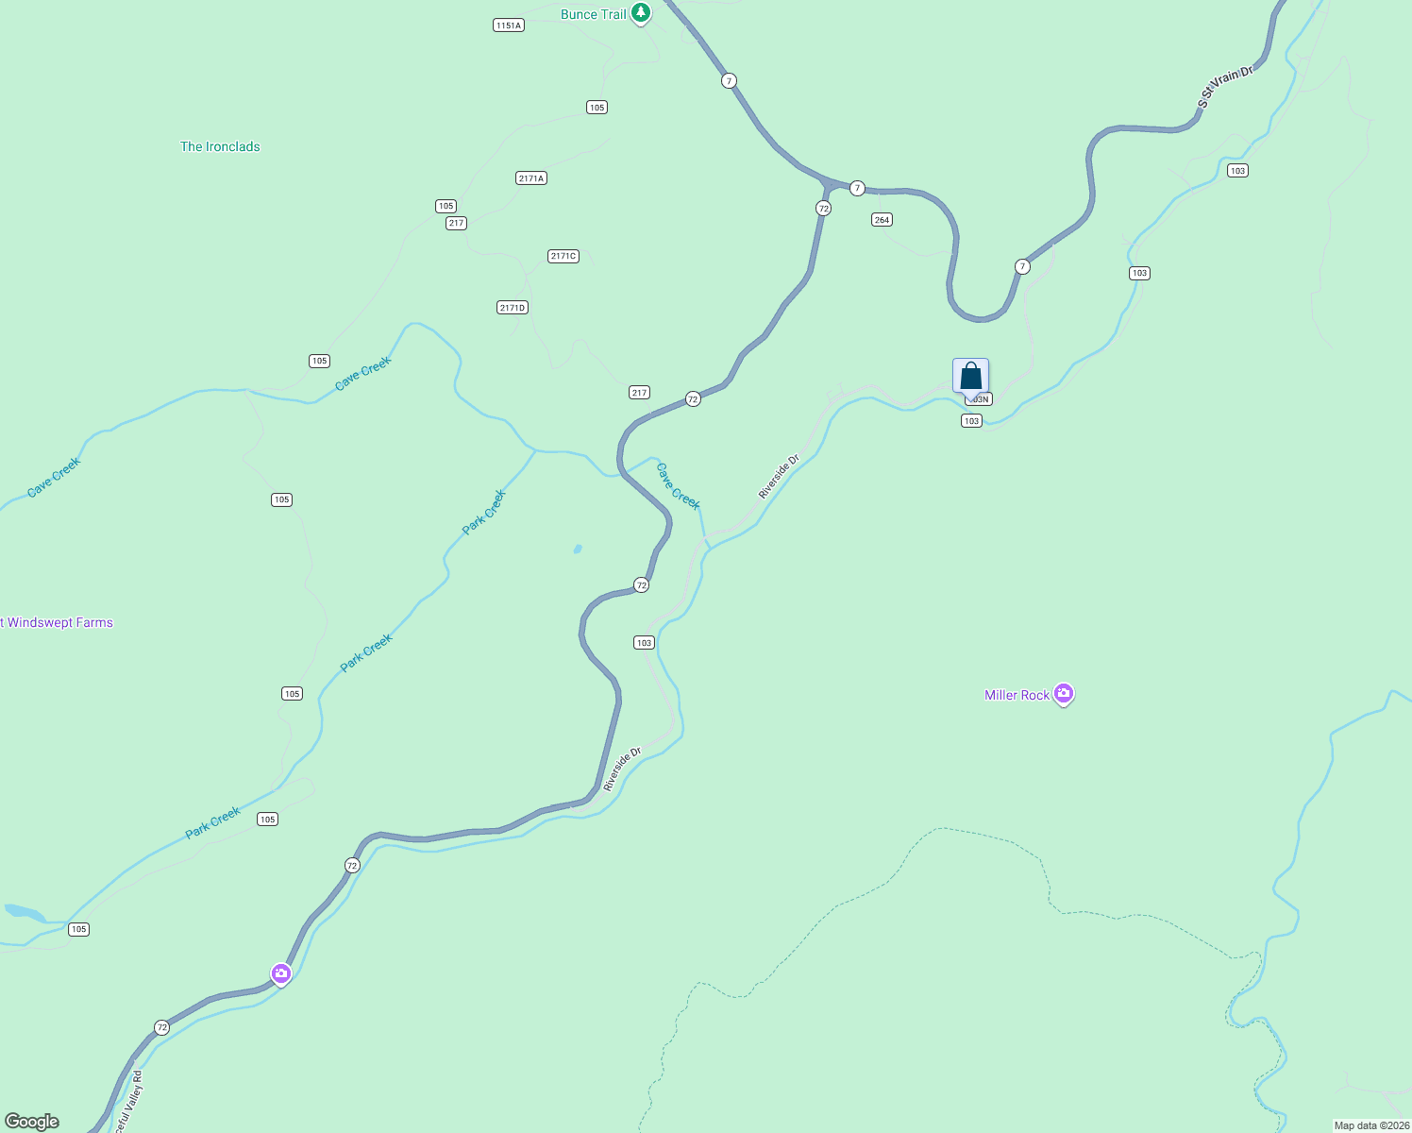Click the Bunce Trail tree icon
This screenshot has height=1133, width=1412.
coord(642,13)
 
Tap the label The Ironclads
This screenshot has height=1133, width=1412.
coord(220,146)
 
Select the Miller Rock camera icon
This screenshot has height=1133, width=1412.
coord(1064,694)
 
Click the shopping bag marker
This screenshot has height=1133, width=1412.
coord(970,377)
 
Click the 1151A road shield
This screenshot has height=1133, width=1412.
coord(509,25)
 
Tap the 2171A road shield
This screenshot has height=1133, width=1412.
coord(531,178)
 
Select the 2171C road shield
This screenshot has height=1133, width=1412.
coord(563,256)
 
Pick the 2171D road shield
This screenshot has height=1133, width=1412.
coord(512,308)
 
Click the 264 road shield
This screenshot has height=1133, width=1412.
coord(882,220)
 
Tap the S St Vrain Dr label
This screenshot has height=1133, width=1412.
coord(1225,87)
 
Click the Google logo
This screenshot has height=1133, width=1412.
coord(32,1122)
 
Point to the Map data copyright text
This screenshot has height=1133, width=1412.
coord(1370,1125)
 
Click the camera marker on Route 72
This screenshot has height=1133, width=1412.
coord(280,972)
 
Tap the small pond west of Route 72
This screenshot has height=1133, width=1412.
coord(578,549)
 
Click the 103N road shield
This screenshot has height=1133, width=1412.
coord(980,400)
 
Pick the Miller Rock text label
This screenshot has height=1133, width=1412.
coord(1017,695)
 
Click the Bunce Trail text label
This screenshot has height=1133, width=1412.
coord(593,14)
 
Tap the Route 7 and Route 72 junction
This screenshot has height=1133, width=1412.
coord(828,181)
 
